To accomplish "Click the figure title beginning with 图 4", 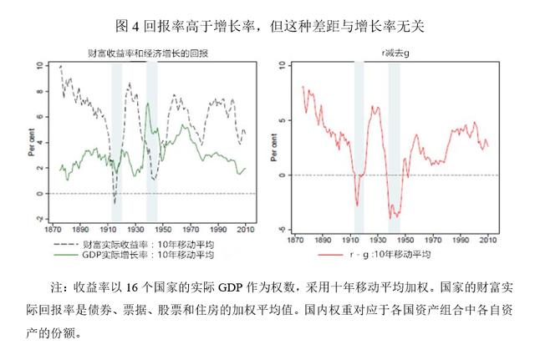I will tap(267, 23).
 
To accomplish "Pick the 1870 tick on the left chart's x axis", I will tap(57, 228).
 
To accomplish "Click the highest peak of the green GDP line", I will tap(147, 103).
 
